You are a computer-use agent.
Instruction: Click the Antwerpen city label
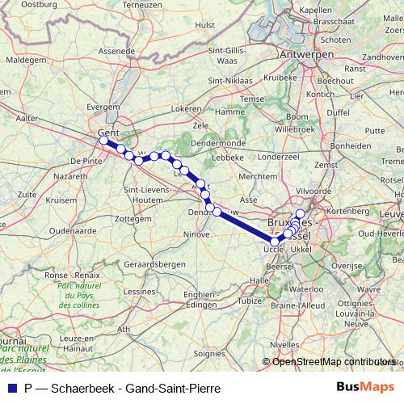307,54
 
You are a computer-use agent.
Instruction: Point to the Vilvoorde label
313,191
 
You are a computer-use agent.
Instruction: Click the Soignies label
210,352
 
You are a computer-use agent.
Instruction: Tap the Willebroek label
292,129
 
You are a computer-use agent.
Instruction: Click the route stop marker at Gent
104,141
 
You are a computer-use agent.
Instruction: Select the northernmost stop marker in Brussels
301,213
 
